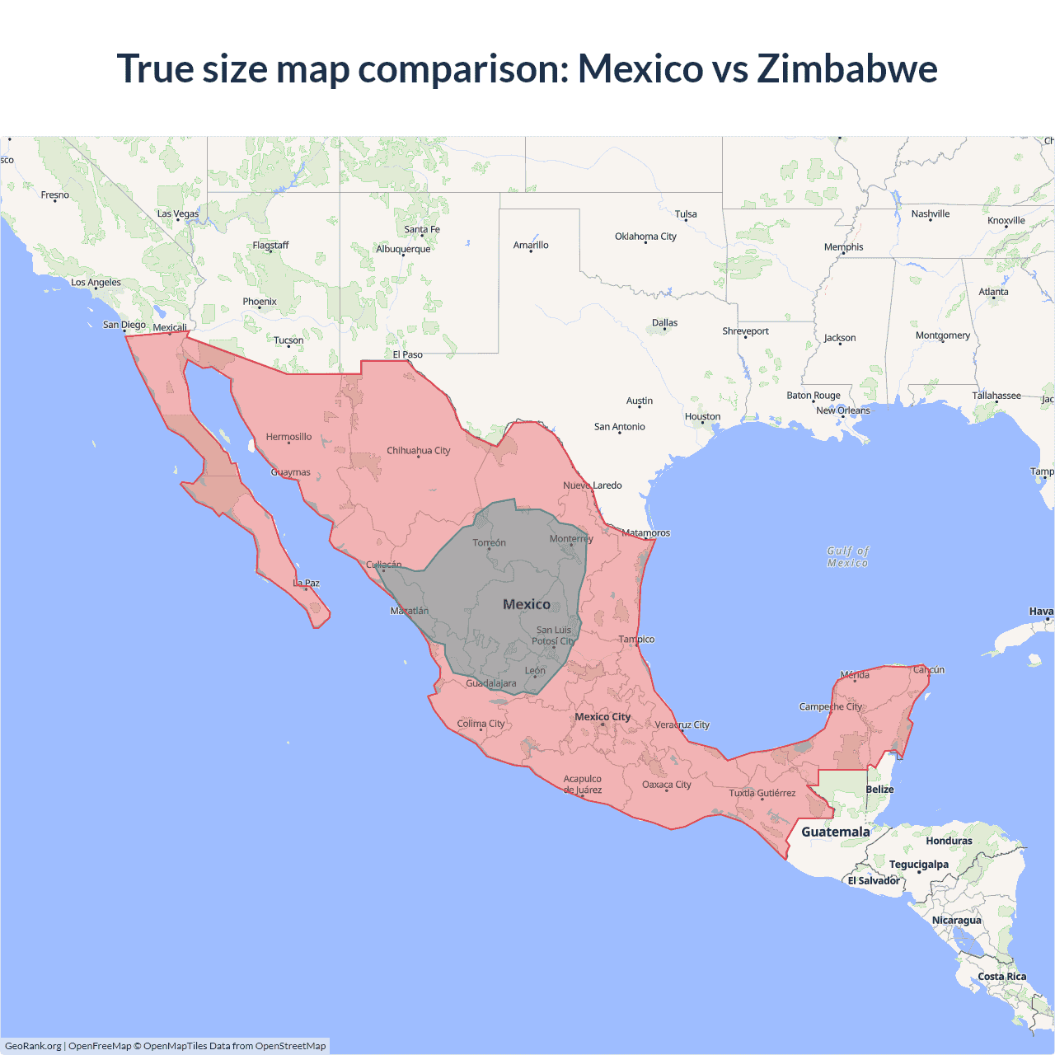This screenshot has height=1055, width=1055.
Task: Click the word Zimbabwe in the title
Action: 847,68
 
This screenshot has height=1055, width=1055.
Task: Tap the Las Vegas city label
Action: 178,213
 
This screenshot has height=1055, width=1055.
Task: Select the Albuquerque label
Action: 403,249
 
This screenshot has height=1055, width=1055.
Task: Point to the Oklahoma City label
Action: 645,237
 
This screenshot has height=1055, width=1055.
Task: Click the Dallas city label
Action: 664,323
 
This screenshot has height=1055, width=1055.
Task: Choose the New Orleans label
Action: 842,410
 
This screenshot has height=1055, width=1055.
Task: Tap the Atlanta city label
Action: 993,292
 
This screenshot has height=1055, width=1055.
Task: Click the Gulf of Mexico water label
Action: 848,556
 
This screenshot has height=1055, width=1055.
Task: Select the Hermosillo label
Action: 288,437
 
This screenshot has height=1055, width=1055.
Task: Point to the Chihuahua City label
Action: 419,451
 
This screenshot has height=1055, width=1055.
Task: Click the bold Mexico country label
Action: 527,604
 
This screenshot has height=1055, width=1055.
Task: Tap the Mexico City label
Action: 603,717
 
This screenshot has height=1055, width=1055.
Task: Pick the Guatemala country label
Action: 836,832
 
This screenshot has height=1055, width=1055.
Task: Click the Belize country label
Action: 879,790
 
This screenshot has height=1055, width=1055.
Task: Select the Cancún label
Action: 929,670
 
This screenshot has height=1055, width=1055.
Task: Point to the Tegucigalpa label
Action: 918,865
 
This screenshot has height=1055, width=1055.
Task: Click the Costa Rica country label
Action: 1002,977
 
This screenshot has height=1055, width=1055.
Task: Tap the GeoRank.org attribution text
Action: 33,1046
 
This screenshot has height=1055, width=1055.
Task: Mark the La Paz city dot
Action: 306,589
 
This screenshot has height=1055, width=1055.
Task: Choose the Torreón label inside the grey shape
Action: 489,543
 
